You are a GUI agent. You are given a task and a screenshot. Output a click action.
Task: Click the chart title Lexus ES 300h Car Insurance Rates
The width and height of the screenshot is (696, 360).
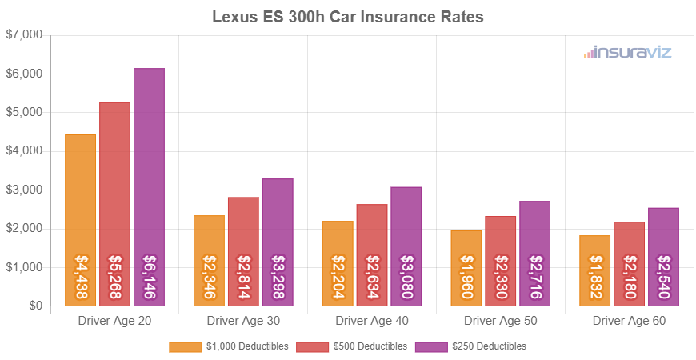coord(348,17)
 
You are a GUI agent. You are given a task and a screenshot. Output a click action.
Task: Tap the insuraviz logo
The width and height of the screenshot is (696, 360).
coord(627,53)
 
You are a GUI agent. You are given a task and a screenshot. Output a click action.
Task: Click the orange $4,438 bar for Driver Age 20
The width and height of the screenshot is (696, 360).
coord(81,220)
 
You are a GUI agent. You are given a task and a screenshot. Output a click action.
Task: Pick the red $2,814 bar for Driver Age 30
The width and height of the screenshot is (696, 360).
coord(243,251)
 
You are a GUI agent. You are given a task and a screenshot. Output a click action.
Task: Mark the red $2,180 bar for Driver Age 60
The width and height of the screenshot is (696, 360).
coord(630,264)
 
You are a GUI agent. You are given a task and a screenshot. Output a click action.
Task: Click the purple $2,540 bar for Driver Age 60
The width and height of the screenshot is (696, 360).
coord(663,257)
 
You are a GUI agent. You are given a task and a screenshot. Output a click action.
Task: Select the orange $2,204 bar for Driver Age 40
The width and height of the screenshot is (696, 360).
coord(338,263)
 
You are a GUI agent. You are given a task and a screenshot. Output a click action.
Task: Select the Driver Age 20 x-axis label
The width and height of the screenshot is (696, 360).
coord(114,321)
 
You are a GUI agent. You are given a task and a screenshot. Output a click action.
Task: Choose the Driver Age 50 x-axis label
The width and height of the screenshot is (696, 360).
coord(501,321)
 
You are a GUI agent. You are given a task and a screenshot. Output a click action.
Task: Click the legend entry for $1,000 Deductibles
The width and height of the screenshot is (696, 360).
coord(241,346)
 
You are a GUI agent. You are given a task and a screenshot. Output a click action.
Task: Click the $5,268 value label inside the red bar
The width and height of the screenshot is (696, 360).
coord(115,278)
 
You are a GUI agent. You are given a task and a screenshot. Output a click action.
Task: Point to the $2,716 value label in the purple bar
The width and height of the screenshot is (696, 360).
coord(534,278)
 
